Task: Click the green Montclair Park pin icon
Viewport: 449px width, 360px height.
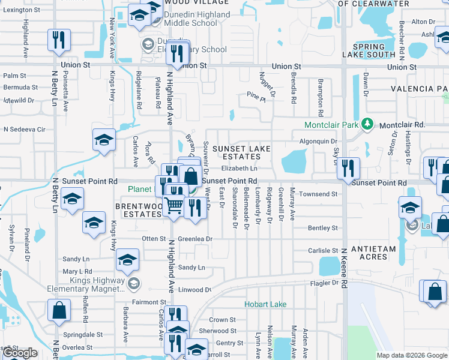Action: (x=367, y=125)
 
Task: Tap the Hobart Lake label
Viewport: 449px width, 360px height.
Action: (x=265, y=304)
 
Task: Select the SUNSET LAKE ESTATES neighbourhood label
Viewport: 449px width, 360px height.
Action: (x=241, y=152)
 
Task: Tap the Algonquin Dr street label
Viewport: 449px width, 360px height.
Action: (x=318, y=141)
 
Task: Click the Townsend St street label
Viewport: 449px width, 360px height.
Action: (x=319, y=194)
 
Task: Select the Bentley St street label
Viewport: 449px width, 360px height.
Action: (x=323, y=228)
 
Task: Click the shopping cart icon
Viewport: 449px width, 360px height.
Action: (x=174, y=205)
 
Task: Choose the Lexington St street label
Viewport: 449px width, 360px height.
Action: (x=21, y=10)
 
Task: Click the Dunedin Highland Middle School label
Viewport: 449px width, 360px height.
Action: (x=187, y=19)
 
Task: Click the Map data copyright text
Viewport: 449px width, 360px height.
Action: (x=411, y=355)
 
